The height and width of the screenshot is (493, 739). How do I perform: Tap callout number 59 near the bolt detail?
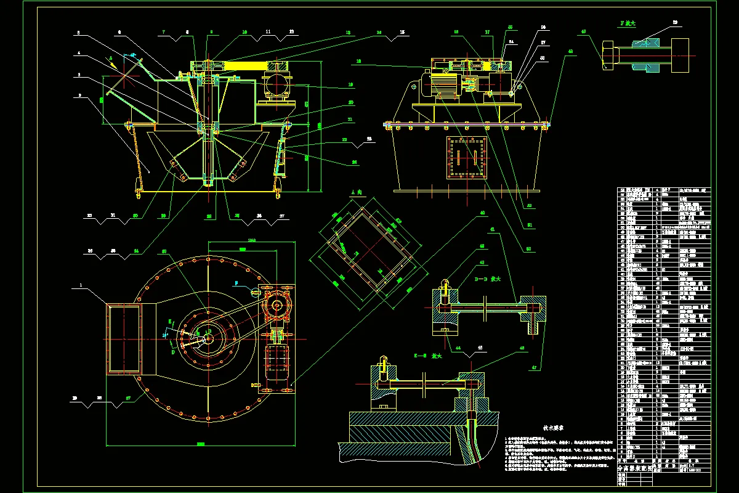coord(674,23)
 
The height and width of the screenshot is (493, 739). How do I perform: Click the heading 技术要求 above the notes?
coord(554,426)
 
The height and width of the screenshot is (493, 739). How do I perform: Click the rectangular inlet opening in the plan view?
coord(124,338)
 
